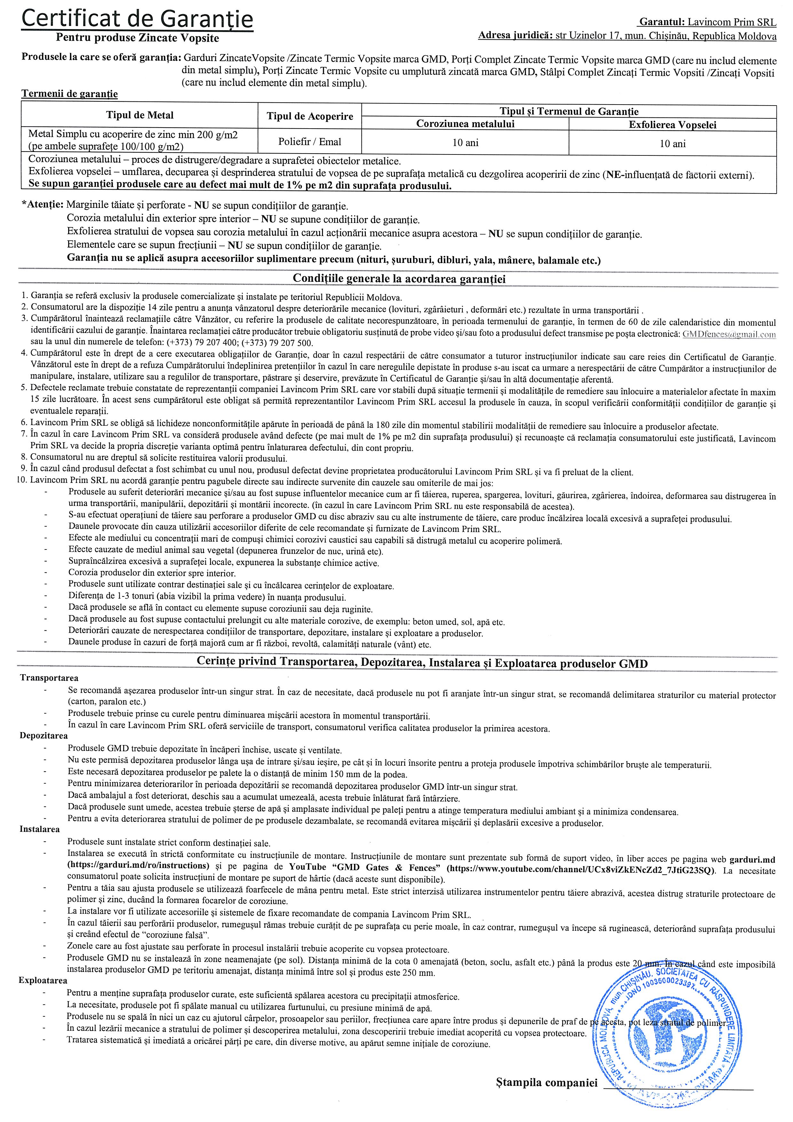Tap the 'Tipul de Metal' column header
140,115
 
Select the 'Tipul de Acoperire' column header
310,116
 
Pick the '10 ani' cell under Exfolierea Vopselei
672,144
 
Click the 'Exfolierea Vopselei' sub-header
672,125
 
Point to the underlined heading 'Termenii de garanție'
69,94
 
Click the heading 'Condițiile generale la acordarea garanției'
399,279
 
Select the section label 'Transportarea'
49,678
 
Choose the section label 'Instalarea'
40,829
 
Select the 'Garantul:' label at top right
661,22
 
